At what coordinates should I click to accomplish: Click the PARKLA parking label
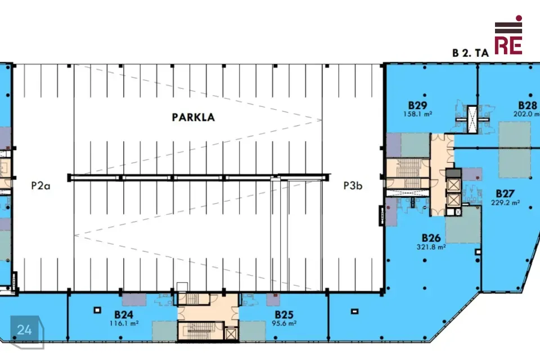click(x=193, y=117)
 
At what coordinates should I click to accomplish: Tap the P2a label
click(x=40, y=186)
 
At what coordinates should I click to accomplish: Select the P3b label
click(x=353, y=186)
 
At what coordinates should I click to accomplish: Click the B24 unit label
click(x=124, y=314)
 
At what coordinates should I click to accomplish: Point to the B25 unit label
click(x=284, y=314)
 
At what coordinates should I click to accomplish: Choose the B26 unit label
click(x=431, y=238)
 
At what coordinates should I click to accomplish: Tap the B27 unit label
click(x=505, y=193)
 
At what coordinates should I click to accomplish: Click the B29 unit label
click(x=418, y=105)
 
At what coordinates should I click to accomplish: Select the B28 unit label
click(x=528, y=105)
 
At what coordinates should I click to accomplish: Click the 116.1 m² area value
click(x=124, y=323)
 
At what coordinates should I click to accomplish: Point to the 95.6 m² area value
click(x=284, y=323)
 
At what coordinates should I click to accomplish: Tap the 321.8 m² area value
click(x=431, y=247)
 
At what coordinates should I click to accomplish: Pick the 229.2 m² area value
click(x=505, y=202)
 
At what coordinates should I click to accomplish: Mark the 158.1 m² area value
click(x=418, y=114)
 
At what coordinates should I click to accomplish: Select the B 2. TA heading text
click(x=470, y=53)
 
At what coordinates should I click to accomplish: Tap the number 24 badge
click(x=24, y=330)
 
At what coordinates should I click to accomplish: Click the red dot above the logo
click(x=519, y=18)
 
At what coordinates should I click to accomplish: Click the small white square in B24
click(x=97, y=310)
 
